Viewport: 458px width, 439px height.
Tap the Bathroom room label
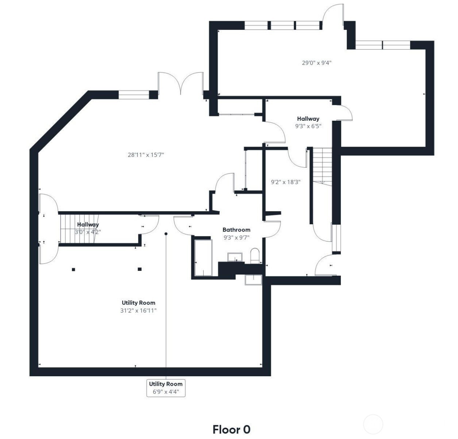click(236, 230)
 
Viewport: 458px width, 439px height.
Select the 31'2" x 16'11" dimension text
click(138, 311)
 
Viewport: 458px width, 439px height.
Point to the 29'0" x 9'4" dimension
click(316, 63)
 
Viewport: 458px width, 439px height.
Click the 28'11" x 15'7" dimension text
click(146, 155)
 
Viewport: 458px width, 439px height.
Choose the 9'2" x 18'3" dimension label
click(285, 182)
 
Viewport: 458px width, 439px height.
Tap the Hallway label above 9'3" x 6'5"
click(308, 119)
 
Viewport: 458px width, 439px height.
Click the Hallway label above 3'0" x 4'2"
click(88, 225)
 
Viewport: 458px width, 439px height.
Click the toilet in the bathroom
click(255, 256)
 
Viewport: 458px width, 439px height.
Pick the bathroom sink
click(235, 257)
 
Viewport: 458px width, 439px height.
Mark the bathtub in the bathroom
click(203, 258)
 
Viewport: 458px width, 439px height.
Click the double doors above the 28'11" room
click(181, 83)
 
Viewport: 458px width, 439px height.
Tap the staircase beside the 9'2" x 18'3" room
click(322, 167)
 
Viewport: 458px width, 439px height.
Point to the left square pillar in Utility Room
click(73, 270)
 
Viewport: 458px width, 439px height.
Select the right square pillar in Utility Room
click(139, 269)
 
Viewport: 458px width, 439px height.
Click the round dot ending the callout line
click(166, 234)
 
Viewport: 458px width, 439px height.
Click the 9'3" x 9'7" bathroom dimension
click(236, 237)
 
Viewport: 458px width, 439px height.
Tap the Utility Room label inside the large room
click(138, 303)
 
